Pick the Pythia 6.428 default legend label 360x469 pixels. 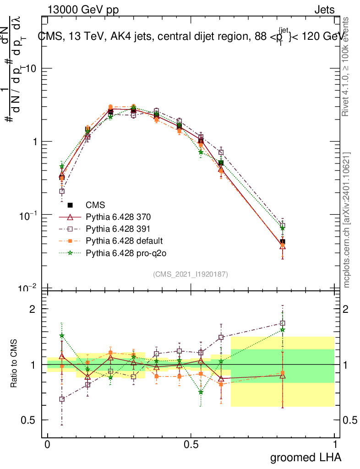(118, 240)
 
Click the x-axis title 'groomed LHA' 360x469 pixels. (306, 458)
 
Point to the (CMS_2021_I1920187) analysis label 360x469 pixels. (191, 274)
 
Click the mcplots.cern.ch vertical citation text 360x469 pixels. (347, 220)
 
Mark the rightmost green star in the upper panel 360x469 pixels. (283, 228)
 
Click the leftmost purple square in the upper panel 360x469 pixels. (62, 191)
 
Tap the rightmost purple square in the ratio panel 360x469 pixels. (283, 323)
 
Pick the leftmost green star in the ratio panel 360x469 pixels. (62, 335)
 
